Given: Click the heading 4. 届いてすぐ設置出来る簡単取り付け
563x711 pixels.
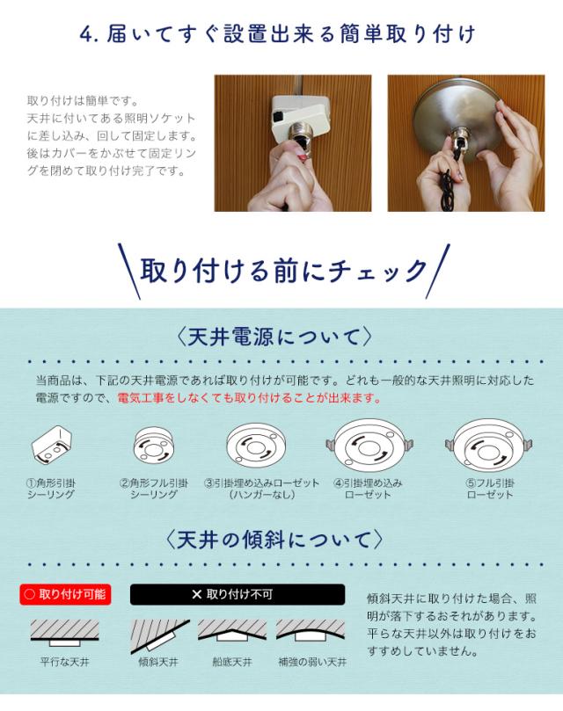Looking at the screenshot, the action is pos(277,34).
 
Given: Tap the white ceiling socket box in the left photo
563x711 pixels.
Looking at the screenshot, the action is pos(299,112).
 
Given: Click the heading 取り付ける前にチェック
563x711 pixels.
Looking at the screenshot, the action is pos(283,271).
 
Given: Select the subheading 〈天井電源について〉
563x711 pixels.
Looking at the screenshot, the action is pos(274,337).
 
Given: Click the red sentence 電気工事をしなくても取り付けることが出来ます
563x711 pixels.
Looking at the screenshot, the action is pos(249,398).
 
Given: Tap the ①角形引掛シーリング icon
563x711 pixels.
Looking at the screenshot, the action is pos(51,446).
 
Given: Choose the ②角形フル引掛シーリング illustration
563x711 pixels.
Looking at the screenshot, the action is pos(154,446).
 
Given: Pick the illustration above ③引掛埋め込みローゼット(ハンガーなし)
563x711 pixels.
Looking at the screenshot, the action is pos(258,446).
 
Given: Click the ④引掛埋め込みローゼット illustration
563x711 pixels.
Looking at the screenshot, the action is pos(369,446).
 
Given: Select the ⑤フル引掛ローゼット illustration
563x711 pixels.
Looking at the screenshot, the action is pos(488,446).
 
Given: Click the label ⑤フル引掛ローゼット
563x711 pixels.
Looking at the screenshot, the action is pos(490,489).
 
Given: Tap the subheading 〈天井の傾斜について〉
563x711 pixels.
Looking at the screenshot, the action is pos(274,540).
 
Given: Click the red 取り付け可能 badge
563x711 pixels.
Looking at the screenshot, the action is pos(65,594).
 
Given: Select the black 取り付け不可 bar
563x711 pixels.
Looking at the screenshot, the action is pos(238,594).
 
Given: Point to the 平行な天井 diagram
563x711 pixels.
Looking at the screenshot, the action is pos(64,633).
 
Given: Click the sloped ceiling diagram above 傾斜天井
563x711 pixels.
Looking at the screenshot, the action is pos(160,635).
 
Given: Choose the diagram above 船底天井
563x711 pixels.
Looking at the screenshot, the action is pos(232,631).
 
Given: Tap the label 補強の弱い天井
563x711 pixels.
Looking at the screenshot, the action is pos(312,662).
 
